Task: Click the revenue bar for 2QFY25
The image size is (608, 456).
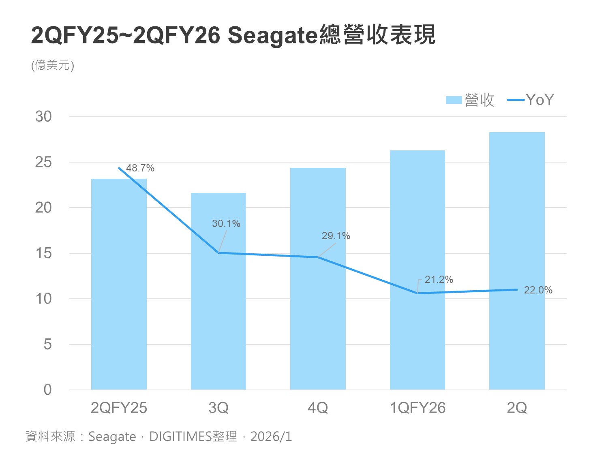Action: click(x=119, y=284)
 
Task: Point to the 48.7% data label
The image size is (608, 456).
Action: click(x=140, y=168)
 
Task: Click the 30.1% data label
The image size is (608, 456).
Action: click(x=226, y=223)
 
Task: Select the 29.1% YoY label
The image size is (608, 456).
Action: click(x=336, y=235)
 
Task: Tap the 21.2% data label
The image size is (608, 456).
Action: click(x=439, y=279)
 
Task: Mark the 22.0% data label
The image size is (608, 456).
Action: click(x=538, y=290)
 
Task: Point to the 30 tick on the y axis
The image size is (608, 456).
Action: click(x=44, y=117)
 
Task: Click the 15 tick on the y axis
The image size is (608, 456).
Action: click(x=44, y=253)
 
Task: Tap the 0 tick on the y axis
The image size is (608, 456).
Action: click(x=47, y=390)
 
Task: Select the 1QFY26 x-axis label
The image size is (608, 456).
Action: click(x=417, y=408)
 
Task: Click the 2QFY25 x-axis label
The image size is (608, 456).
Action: click(x=119, y=408)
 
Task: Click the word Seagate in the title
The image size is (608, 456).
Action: click(x=272, y=35)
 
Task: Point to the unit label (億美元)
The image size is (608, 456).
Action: click(x=53, y=65)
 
